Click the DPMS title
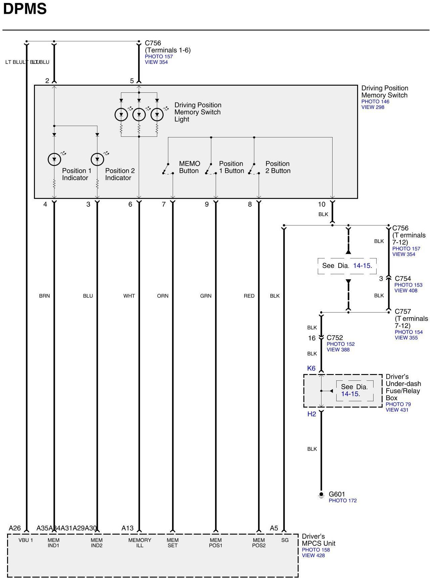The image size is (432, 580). pos(25,9)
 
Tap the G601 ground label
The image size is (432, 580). pos(337,494)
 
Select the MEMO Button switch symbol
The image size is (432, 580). pos(167,169)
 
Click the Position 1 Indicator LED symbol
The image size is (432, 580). pos(54,159)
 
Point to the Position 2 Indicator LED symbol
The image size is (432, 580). pos(97,159)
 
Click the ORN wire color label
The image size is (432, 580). pos(163,296)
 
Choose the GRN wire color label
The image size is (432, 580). pos(206,296)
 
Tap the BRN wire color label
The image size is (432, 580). pos(44,296)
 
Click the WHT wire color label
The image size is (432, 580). pos(129,296)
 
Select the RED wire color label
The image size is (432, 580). pos(249,296)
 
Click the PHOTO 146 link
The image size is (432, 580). pos(375,101)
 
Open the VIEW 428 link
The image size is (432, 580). pos(313,555)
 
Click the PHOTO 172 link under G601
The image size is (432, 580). pos(343,501)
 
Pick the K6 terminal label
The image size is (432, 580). pos(311,368)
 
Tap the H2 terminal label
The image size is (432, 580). pos(312,414)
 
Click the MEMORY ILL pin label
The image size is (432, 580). pos(140,543)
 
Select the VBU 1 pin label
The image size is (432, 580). pos(26,540)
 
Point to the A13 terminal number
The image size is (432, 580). pos(127,528)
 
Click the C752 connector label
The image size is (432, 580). pos(335,338)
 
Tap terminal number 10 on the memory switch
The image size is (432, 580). pos(321,204)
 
